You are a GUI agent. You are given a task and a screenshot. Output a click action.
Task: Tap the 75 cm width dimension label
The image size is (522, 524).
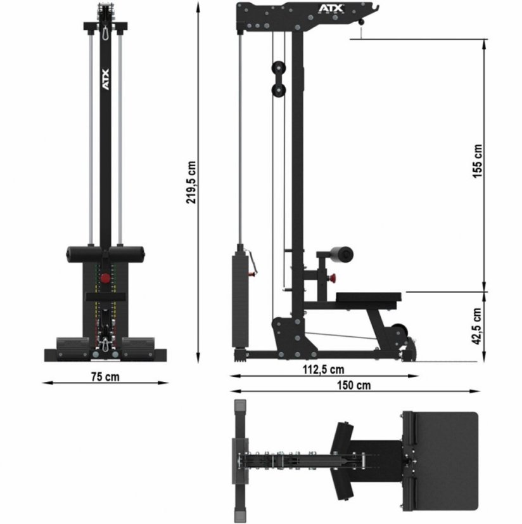[x=105, y=376]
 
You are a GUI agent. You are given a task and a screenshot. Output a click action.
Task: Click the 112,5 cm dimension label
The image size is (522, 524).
[x=324, y=369]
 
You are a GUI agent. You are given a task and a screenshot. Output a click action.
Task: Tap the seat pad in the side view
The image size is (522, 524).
[x=369, y=296]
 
